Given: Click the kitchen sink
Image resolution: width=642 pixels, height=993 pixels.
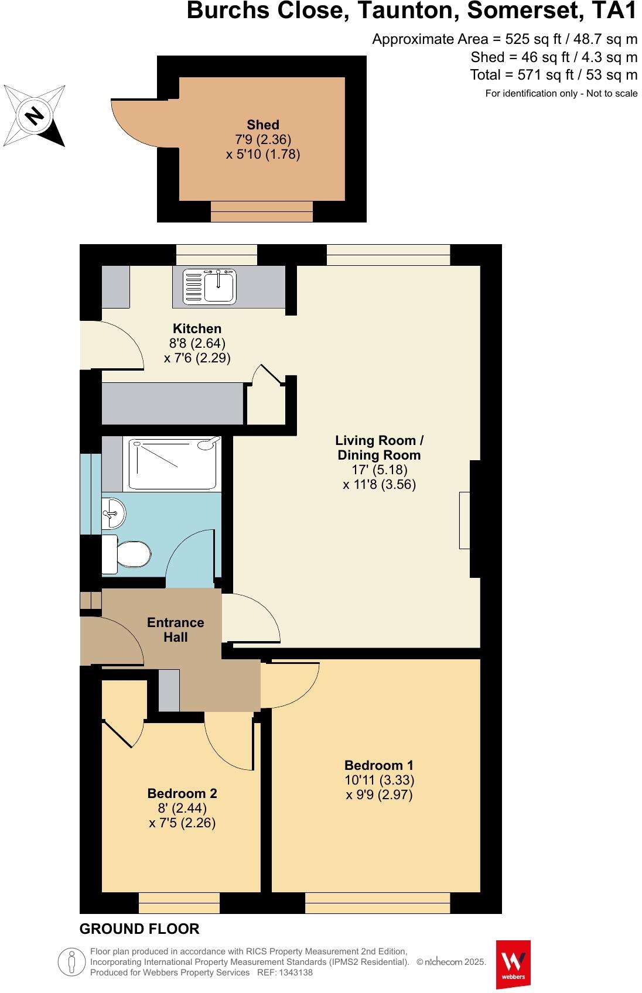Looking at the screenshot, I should (x=210, y=286).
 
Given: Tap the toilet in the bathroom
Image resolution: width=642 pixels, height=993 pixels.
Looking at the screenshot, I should (x=128, y=554).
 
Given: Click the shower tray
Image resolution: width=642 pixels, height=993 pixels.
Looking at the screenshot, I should (x=175, y=463).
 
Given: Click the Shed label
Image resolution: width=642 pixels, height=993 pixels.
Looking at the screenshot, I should (x=263, y=125).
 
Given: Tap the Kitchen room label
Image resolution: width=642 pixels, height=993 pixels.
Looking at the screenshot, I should (x=197, y=328).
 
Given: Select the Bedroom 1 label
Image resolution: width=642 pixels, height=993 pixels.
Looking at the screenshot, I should (x=379, y=765).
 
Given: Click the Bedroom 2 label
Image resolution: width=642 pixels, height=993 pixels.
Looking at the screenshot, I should (x=182, y=793).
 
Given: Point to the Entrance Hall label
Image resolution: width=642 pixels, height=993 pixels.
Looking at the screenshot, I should (x=175, y=629).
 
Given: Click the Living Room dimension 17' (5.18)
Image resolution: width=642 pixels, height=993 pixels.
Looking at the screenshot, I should (x=379, y=470).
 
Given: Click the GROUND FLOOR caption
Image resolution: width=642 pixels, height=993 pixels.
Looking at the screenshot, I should (x=139, y=929).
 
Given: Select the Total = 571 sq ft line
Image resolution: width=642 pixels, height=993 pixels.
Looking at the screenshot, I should (x=553, y=75).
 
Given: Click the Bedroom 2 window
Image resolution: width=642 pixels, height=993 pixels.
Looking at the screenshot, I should (x=179, y=903).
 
